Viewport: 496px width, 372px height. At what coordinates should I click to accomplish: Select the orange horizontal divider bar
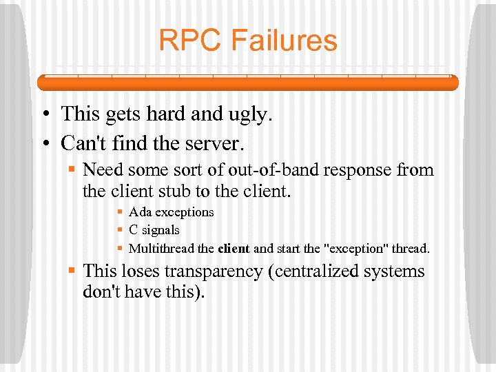pos(248,83)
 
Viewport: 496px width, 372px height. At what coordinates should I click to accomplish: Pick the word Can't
pos(83,143)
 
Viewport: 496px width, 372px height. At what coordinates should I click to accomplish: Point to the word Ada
pos(139,212)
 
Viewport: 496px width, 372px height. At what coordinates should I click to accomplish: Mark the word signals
pos(161,230)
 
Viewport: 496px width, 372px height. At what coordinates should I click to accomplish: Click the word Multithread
pos(161,248)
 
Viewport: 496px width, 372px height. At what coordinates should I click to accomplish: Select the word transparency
pos(209,272)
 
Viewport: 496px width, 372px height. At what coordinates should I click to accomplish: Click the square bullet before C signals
pos(120,230)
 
